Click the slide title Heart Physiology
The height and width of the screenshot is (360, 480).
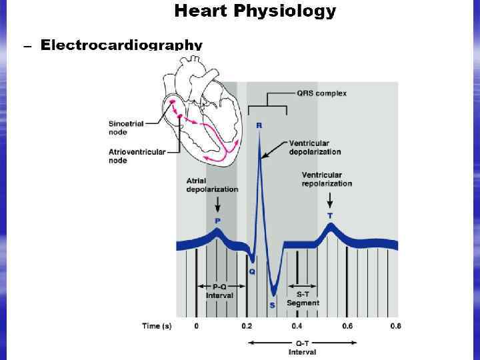pyautogui.click(x=255, y=11)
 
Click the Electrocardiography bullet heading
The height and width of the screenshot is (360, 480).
pyautogui.click(x=121, y=45)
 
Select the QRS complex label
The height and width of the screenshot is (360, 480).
pyautogui.click(x=321, y=93)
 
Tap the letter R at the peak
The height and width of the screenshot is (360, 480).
pyautogui.click(x=259, y=125)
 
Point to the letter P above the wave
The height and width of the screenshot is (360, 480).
pyautogui.click(x=217, y=219)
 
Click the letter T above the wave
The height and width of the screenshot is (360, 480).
pyautogui.click(x=330, y=216)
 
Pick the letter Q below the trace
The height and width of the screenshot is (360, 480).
pyautogui.click(x=252, y=271)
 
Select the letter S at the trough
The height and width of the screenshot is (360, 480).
pyautogui.click(x=272, y=305)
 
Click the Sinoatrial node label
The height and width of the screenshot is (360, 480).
pyautogui.click(x=124, y=127)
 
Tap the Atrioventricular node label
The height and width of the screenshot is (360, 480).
pyautogui.click(x=137, y=157)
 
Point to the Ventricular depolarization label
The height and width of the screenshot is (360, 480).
pyautogui.click(x=315, y=147)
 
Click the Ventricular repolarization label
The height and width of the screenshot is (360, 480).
pyautogui.click(x=327, y=179)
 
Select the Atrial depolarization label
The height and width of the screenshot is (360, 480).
pyautogui.click(x=212, y=185)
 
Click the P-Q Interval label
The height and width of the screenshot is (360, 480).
pyautogui.click(x=219, y=291)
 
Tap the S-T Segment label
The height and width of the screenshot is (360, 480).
pyautogui.click(x=303, y=299)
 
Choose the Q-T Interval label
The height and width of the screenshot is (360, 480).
pyautogui.click(x=302, y=347)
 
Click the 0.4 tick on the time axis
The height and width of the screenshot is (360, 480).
pyautogui.click(x=297, y=326)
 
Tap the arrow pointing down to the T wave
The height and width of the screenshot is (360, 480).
pyautogui.click(x=329, y=199)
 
